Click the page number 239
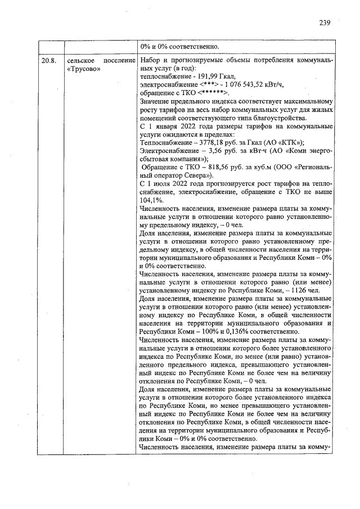point(324,23)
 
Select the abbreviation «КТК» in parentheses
point(292,142)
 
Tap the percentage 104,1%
point(151,200)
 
